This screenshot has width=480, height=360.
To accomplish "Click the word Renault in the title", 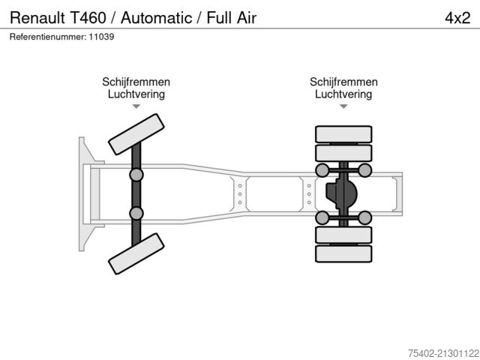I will click(37, 17).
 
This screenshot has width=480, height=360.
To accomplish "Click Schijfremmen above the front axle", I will click(136, 82).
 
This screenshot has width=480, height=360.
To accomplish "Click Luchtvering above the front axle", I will click(136, 94).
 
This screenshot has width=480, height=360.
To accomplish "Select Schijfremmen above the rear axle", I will click(343, 82).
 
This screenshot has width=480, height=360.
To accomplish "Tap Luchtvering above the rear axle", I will click(343, 94).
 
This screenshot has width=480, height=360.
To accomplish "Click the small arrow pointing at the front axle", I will click(136, 106).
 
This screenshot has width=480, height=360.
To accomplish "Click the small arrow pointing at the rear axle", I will click(343, 106).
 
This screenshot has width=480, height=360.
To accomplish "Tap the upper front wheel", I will click(136, 134).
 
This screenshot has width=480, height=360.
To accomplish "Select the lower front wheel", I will click(136, 253).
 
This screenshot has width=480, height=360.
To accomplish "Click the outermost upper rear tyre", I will click(343, 134).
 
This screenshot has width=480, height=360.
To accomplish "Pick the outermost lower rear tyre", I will click(343, 253).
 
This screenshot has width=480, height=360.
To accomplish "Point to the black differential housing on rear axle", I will click(341, 194).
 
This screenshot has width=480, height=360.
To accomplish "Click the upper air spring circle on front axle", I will click(136, 175).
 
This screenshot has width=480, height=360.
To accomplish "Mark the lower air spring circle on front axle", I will click(136, 214).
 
